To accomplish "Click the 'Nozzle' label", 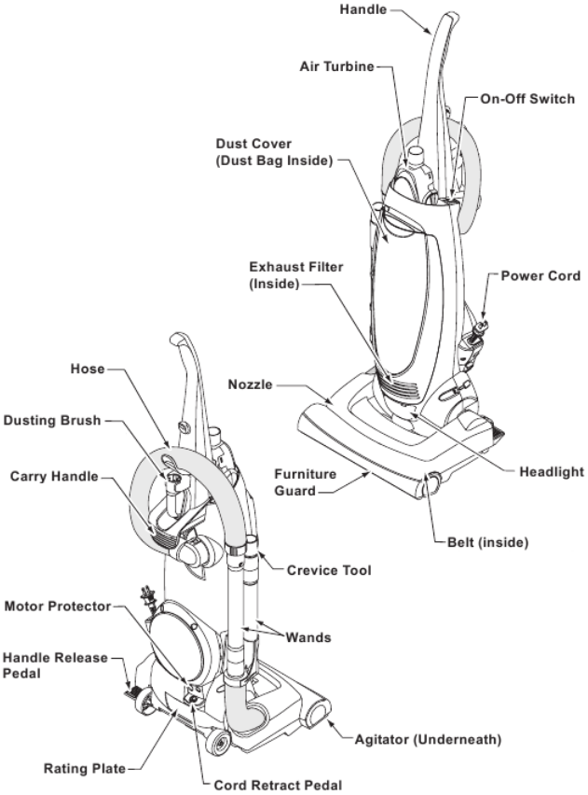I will coord(252,384).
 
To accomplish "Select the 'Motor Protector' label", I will coord(56,607).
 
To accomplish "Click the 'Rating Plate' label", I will coord(80,770).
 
